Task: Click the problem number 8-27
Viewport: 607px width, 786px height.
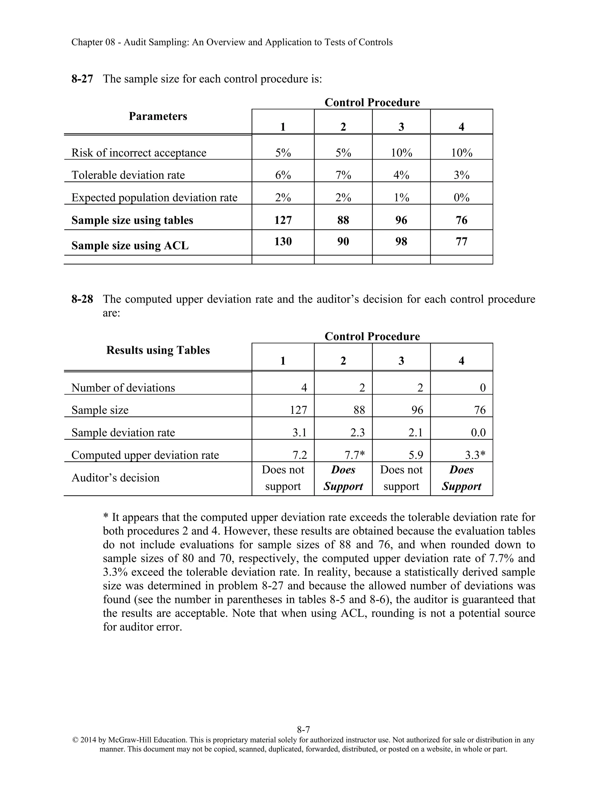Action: coord(82,79)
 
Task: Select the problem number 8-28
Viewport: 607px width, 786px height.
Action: coord(82,299)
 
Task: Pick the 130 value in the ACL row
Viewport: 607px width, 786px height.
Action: coord(283,241)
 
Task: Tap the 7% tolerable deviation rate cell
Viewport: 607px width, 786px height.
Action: coord(343,175)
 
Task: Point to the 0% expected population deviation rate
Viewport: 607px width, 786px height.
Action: coord(461,198)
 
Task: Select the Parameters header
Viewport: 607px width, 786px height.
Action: coord(158,116)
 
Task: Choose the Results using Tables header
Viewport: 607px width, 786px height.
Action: coord(158,350)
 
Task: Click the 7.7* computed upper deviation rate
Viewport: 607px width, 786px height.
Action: coord(354,455)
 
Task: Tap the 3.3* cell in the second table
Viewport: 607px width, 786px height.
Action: coord(475,455)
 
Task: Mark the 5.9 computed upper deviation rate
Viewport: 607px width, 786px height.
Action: coord(416,455)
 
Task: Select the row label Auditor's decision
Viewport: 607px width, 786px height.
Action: coord(115,478)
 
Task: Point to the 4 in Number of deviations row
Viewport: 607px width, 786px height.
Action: coord(304,388)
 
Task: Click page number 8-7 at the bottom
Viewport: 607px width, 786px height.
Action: coord(303,730)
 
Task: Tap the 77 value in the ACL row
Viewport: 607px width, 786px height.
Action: coord(461,241)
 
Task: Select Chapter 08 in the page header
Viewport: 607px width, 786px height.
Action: coord(93,42)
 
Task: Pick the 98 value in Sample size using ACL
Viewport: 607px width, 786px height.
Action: coord(401,241)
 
